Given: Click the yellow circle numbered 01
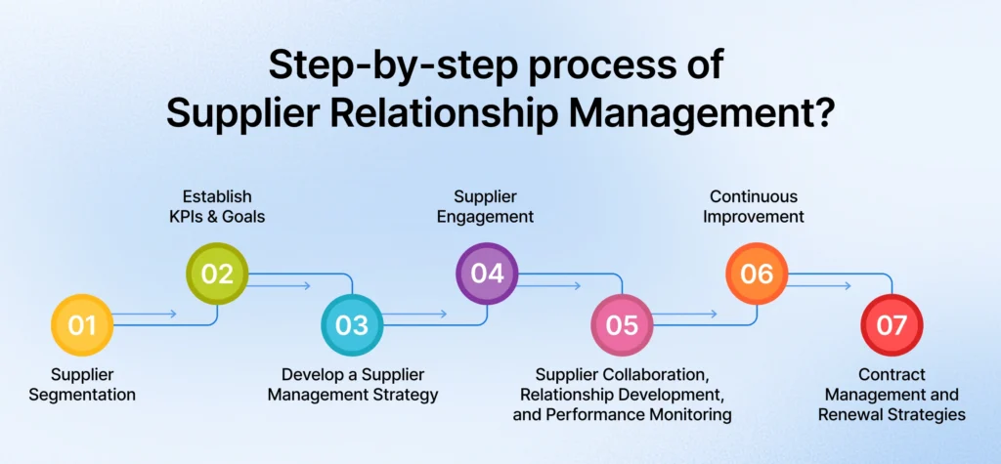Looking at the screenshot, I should tap(82, 324).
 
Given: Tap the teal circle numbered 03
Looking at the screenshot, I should tap(353, 324).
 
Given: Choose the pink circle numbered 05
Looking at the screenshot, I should tap(623, 324).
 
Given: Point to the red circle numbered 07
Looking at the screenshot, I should tap(892, 324).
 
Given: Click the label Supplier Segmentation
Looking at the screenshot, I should tap(82, 385).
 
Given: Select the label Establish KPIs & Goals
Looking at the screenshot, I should tap(218, 208).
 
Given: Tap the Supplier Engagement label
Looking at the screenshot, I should tap(487, 208).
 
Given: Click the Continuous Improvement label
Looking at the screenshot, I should tap(757, 208).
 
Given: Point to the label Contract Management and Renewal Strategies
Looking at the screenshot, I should tap(892, 395).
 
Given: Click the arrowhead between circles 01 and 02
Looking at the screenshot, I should tap(173, 315).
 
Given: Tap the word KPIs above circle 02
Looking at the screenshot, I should tap(191, 218).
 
